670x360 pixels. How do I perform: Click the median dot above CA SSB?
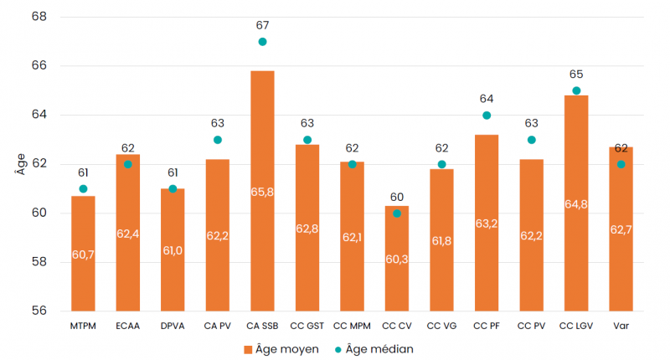(x=262, y=42)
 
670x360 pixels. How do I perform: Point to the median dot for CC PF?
(x=487, y=116)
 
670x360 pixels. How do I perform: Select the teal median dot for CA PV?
(x=218, y=140)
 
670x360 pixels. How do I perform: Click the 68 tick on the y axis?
(x=39, y=17)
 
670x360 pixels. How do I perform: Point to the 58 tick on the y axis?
(x=39, y=262)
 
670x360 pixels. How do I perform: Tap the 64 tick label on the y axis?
(x=39, y=115)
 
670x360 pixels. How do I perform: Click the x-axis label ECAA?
(x=127, y=324)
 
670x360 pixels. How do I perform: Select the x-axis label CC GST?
(x=307, y=324)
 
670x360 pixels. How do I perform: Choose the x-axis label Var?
(x=621, y=324)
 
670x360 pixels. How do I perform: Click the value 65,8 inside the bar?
(x=262, y=192)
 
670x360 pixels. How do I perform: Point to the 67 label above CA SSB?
(x=262, y=26)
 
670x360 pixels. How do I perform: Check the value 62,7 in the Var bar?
(x=621, y=229)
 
